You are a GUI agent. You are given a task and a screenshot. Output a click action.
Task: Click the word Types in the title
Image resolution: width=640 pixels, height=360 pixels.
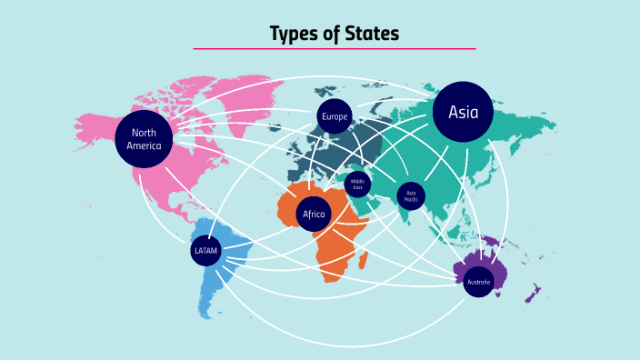point(295,35)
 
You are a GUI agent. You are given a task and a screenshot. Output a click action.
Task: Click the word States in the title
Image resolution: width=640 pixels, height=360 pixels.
point(371,35)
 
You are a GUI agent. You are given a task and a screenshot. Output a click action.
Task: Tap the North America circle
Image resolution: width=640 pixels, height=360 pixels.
point(144,139)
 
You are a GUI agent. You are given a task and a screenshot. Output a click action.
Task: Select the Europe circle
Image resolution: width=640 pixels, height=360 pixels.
point(335,116)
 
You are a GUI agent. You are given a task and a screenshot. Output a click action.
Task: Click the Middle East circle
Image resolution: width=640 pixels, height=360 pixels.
point(357,184)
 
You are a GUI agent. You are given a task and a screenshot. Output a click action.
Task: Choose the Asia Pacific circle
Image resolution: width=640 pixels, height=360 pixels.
point(411,195)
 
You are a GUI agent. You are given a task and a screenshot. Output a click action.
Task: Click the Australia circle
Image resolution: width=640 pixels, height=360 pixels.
point(478,282)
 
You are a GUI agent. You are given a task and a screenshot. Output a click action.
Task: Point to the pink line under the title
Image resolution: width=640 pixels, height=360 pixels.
point(335,48)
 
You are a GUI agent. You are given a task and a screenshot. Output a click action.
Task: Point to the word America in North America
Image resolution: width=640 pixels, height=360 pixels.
point(144,145)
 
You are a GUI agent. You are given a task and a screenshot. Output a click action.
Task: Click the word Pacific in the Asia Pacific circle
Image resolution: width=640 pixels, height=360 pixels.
point(411,198)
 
